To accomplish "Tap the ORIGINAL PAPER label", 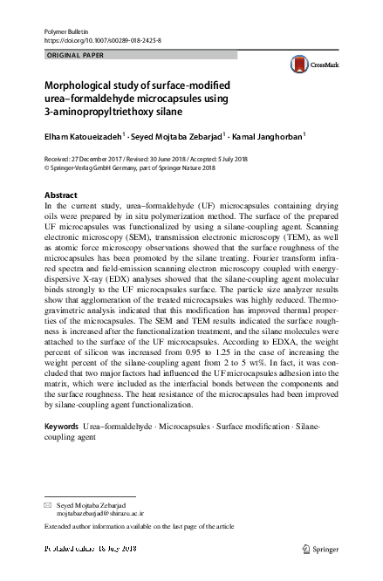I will pyautogui.click(x=74, y=55).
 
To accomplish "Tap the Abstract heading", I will pyautogui.click(x=60, y=194).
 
